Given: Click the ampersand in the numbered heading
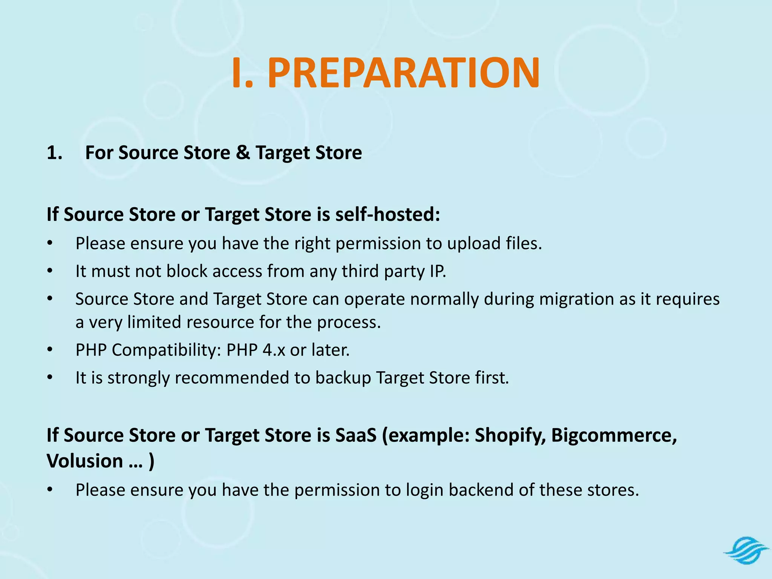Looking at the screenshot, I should click(243, 153).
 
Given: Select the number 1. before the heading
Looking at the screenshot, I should click(55, 153).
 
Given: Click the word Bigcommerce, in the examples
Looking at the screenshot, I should click(614, 435).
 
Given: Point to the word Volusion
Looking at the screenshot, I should click(85, 461).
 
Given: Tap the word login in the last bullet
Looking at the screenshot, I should click(424, 490).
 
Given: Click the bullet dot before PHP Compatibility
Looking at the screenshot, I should click(50, 350).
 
